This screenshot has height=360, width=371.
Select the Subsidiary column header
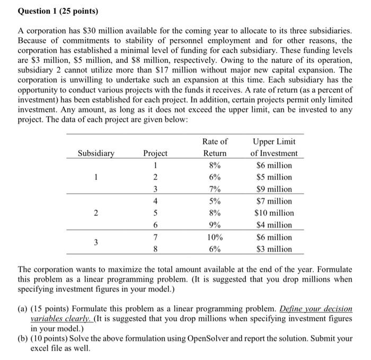tap(96, 154)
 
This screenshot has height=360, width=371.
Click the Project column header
tap(155, 154)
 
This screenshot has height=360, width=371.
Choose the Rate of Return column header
tap(215, 147)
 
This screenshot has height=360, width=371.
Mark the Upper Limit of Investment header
tap(274, 147)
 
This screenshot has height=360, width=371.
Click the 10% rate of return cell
tap(215, 237)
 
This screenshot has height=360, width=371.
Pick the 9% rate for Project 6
tap(215, 225)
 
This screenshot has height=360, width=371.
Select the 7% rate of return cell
tap(215, 189)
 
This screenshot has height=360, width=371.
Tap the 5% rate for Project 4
tap(215, 201)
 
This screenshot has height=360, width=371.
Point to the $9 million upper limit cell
tap(274, 189)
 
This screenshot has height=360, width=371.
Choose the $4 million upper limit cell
tap(274, 225)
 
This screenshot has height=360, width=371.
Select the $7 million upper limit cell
tap(274, 201)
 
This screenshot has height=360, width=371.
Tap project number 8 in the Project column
tap(155, 249)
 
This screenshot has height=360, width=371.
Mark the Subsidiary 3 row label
tap(96, 243)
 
